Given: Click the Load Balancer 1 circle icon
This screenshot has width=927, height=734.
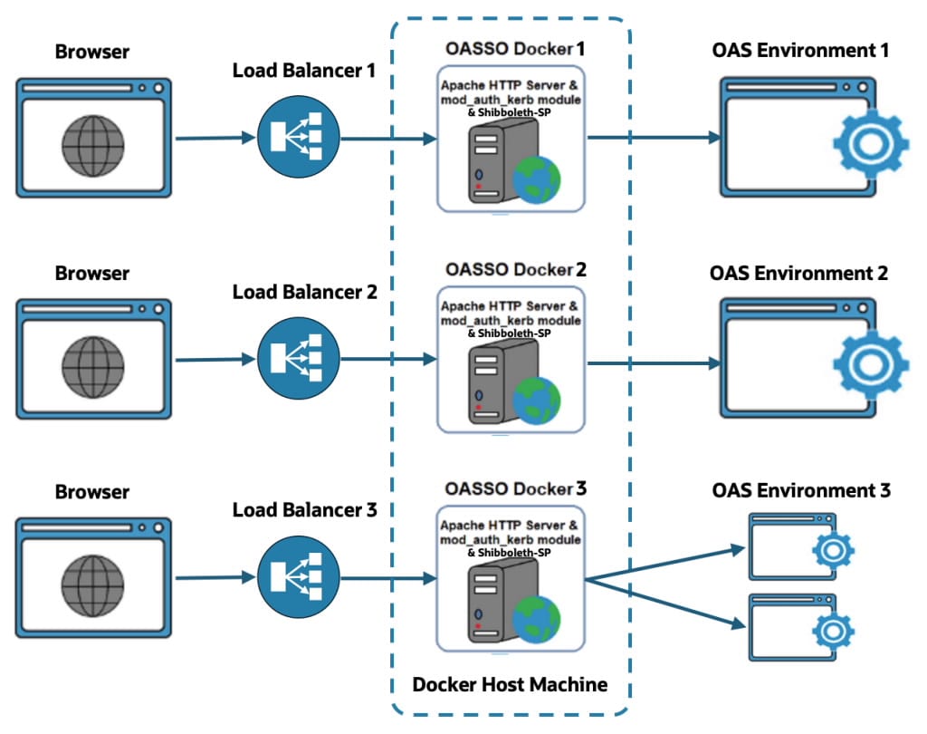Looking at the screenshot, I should (x=298, y=137).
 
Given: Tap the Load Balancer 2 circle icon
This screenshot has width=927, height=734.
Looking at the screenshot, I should (x=298, y=360).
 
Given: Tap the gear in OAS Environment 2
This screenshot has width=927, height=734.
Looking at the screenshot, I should (x=867, y=365).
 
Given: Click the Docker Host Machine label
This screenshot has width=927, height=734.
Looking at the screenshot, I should (x=510, y=684).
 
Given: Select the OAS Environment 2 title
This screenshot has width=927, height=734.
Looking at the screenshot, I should (x=798, y=273).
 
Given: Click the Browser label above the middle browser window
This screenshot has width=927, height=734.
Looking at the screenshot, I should (x=91, y=273).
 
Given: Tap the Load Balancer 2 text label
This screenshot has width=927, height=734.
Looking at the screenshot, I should (x=303, y=292).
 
